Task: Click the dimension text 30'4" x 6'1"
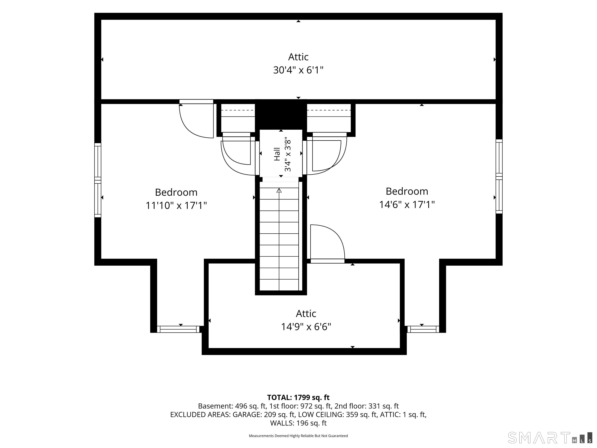pos(298,70)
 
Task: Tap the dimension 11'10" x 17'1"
pos(176,205)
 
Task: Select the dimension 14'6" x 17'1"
pos(407,204)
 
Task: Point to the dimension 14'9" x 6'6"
pos(306,327)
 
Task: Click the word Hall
pos(277,154)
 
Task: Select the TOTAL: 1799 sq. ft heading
pos(298,397)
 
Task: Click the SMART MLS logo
pos(550,438)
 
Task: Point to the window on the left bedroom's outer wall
pos(98,180)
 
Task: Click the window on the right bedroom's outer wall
pos(499,176)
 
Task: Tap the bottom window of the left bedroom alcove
pos(178,329)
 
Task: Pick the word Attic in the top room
pos(298,57)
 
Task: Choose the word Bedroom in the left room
pos(176,192)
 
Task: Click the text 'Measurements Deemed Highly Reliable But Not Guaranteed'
pos(298,436)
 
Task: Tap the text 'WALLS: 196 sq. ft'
pos(298,423)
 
